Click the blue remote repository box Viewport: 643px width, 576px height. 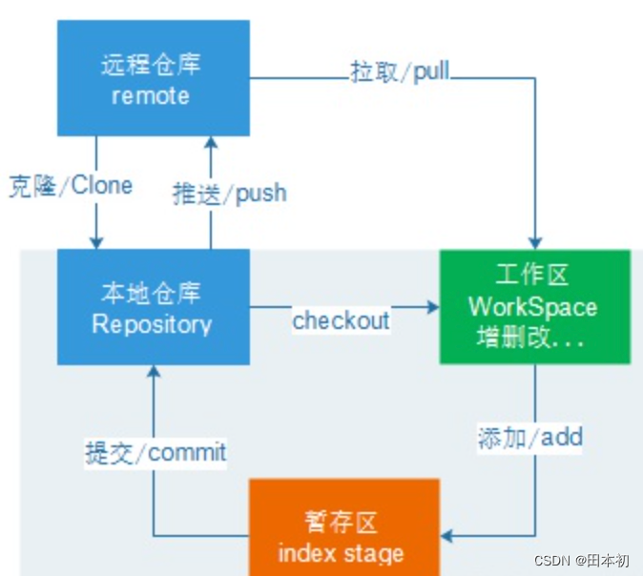[x=153, y=78]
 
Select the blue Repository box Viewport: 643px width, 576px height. [x=153, y=307]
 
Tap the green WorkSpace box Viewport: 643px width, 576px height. [x=534, y=307]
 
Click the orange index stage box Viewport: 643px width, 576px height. [x=343, y=526]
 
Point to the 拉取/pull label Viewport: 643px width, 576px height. [x=400, y=72]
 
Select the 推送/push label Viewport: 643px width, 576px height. [x=229, y=193]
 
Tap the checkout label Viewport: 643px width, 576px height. [x=341, y=320]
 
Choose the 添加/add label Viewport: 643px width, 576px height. [x=529, y=438]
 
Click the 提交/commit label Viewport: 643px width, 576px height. [x=156, y=451]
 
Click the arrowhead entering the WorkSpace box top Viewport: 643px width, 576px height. [x=535, y=242]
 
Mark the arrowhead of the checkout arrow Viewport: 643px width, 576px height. [x=431, y=307]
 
